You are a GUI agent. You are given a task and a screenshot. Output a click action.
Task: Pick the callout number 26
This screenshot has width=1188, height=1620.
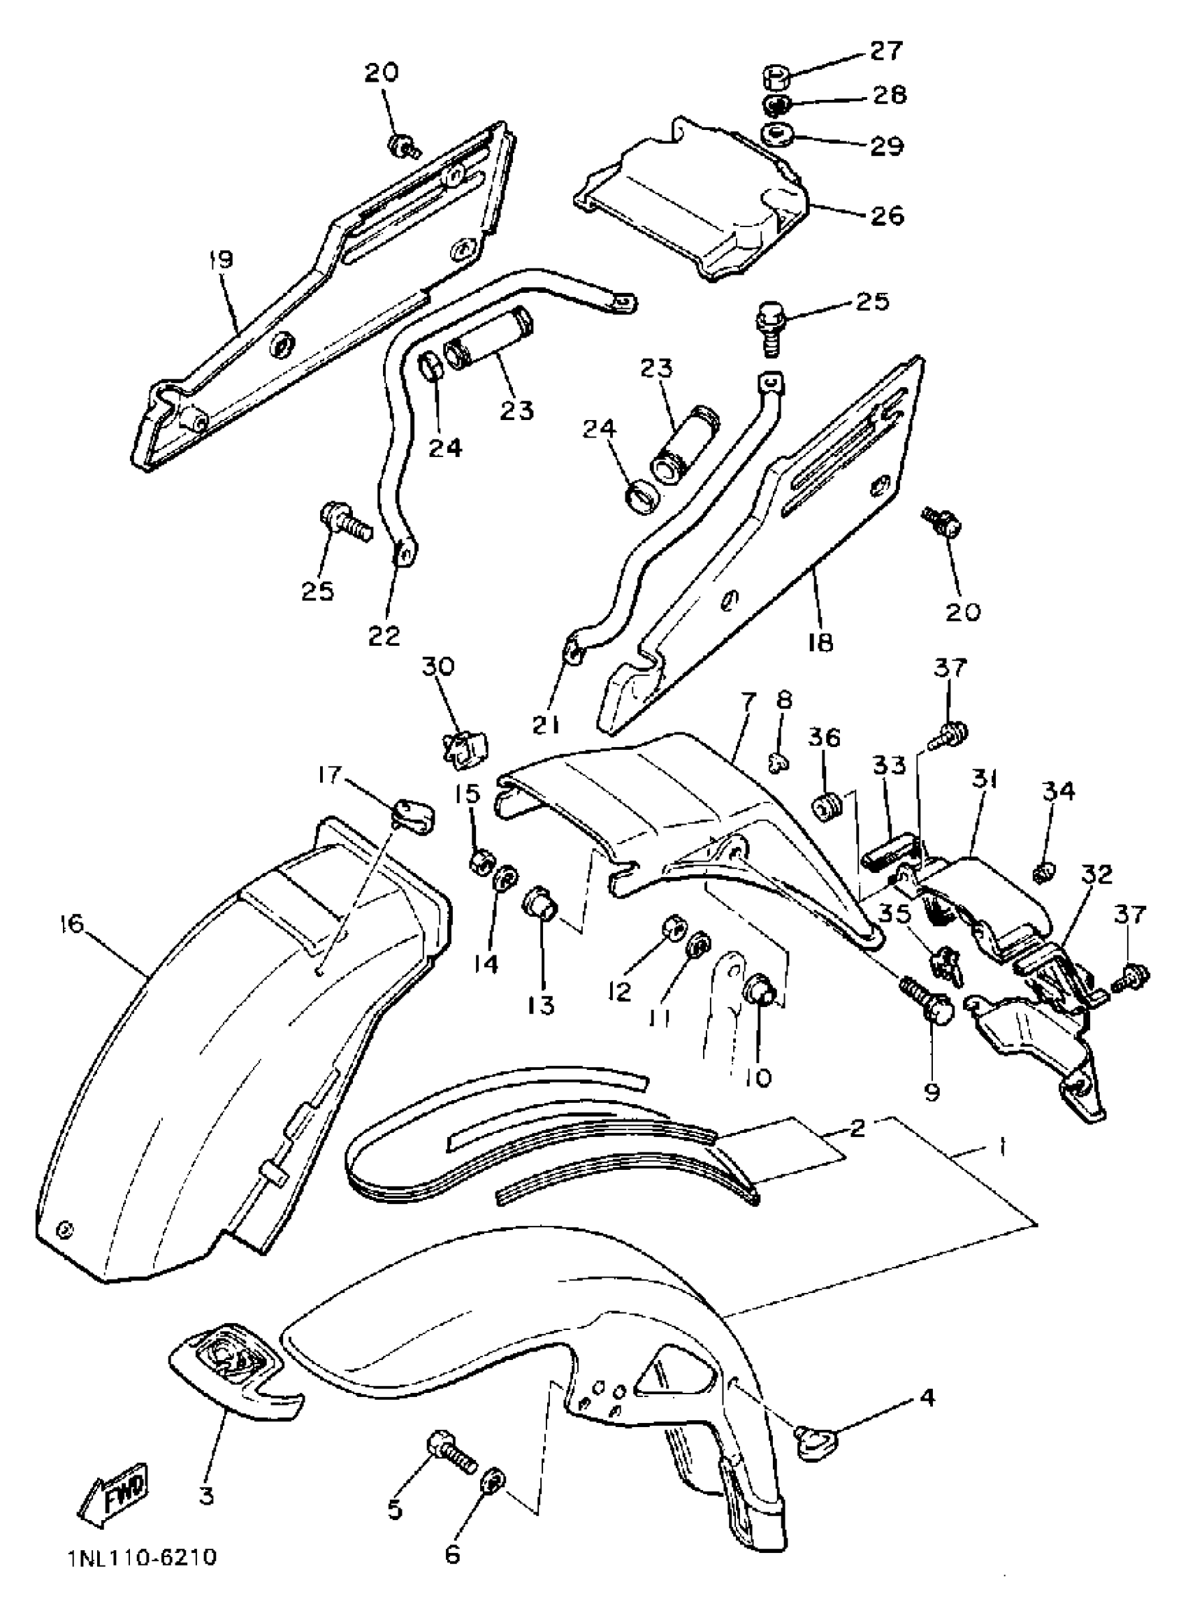tap(886, 216)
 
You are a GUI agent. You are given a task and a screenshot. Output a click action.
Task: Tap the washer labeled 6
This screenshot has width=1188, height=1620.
tap(493, 1481)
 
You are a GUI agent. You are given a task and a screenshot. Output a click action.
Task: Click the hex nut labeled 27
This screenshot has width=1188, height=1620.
tap(776, 75)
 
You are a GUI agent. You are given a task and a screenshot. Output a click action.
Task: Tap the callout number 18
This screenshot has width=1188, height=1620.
tap(820, 642)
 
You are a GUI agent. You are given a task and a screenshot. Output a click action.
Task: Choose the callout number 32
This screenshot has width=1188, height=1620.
tap(1095, 874)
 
